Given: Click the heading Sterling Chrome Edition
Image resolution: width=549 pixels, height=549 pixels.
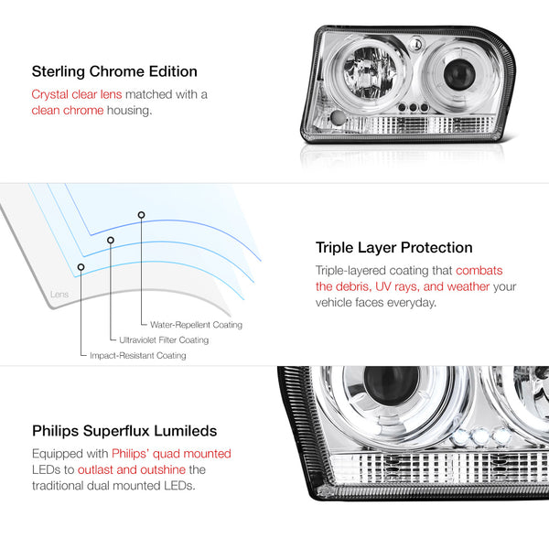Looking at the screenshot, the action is point(114,71).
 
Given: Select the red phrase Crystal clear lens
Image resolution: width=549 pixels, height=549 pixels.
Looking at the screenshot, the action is point(77,94).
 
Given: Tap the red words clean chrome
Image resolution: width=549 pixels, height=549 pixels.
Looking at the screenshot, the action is point(68,111).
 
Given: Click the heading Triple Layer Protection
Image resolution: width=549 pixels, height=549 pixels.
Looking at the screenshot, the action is point(393,248).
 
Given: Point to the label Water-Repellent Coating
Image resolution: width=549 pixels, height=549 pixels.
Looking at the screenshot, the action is point(196,325).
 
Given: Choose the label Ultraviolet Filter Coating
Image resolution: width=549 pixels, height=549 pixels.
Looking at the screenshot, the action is point(164,340).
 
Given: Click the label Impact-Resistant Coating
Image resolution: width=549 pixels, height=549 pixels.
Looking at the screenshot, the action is point(138,355).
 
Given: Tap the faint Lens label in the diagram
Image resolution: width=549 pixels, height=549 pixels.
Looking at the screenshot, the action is point(59,294).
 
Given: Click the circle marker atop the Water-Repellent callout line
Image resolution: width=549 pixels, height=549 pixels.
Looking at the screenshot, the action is point(141,215).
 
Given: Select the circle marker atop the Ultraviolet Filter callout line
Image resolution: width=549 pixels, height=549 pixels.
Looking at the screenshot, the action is point(111,240).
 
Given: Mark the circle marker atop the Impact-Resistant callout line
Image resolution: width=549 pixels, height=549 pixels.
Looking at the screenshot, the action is point(81,267).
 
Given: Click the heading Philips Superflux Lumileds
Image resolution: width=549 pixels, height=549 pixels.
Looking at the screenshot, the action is point(124,431).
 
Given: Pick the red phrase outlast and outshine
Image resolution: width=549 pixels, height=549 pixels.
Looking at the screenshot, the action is point(132,469).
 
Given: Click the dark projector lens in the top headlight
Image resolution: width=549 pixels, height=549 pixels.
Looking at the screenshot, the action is point(459,74).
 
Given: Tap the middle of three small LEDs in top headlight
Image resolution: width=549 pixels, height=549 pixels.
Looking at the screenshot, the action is point(414,107).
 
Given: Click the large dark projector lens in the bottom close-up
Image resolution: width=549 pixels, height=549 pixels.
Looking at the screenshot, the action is point(392,385).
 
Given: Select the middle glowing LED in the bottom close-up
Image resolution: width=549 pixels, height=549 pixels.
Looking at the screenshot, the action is point(479,436).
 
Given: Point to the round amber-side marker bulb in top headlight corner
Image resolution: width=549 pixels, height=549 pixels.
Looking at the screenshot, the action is point(339,118).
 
